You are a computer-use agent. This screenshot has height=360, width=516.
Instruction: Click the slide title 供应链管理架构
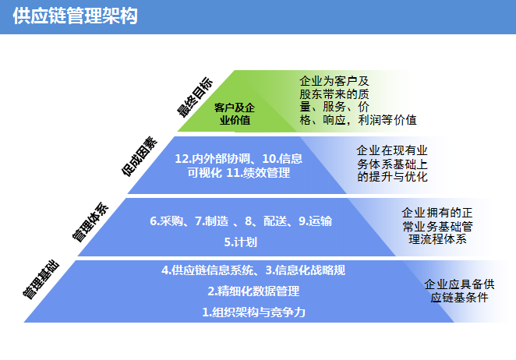click(75, 16)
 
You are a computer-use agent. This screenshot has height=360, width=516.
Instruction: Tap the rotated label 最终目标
click(195, 97)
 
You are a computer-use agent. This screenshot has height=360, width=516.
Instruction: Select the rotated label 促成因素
click(140, 157)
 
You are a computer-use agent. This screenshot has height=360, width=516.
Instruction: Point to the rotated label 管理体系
click(90, 222)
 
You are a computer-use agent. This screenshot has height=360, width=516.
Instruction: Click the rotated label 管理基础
click(41, 280)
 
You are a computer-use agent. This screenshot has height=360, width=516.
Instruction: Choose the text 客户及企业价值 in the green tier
click(235, 114)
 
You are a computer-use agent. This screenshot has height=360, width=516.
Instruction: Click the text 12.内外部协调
click(212, 159)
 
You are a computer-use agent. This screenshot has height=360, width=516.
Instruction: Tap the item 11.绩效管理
click(258, 173)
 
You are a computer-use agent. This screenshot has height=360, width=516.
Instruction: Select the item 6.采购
click(166, 221)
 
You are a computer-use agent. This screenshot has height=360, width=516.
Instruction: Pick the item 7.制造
click(211, 221)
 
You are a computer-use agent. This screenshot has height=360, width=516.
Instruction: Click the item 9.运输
click(315, 221)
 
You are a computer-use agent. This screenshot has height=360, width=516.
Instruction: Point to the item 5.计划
click(241, 242)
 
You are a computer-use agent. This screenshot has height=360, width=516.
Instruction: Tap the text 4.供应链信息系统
click(207, 270)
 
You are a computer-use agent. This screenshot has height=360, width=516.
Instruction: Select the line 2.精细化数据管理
click(253, 291)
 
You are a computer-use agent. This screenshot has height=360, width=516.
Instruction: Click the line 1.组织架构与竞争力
click(253, 312)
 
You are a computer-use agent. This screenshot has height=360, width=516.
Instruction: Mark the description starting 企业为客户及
click(358, 101)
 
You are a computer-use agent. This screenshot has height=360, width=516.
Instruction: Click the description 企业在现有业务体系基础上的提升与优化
click(392, 164)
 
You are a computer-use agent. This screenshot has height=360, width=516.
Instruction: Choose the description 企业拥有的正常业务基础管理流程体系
click(437, 226)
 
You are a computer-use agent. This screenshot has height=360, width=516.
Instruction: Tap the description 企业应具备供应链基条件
click(459, 291)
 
